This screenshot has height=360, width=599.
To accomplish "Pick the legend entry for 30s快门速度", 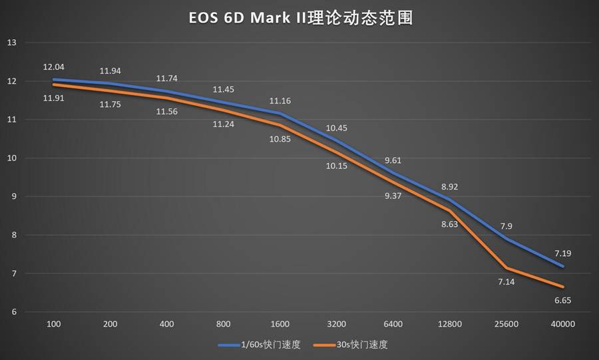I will point(359,345).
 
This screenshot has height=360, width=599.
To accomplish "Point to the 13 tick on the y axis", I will point(11,43).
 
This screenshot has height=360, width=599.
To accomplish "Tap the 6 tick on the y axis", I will point(11,312).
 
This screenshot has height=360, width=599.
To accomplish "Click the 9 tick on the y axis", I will point(11,197).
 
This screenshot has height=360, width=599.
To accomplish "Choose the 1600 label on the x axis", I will point(280,324).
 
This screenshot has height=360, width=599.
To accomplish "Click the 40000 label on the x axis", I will point(562,324).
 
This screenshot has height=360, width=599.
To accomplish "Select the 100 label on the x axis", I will point(55,324).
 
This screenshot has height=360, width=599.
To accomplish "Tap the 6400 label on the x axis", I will point(393,324).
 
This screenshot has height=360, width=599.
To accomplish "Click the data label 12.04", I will point(53,67).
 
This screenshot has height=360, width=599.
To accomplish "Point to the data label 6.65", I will point(562,301).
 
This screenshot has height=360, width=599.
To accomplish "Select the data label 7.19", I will point(562,253).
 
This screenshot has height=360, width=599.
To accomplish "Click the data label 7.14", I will point(506,282).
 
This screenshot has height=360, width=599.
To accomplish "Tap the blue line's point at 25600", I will point(506,239).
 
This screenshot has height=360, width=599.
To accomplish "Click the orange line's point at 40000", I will point(563,287).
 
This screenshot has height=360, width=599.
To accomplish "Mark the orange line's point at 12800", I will point(450,211).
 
